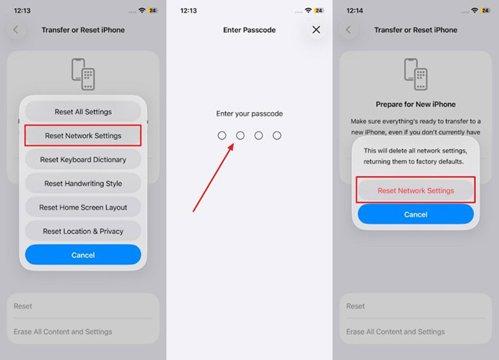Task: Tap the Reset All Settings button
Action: coord(83,112)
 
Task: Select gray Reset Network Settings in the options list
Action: coord(83,136)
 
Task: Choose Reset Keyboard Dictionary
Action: coord(83,159)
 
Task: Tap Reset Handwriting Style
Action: coord(83,184)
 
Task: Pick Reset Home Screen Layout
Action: coord(83,207)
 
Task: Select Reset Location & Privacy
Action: coord(83,231)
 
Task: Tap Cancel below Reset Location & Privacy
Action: coord(83,254)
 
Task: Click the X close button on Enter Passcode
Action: coord(316,29)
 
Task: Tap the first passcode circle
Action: coord(222,136)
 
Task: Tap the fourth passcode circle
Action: coord(277,136)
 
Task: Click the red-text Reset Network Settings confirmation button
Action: coord(416,191)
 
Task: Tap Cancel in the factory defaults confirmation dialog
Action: coord(416,214)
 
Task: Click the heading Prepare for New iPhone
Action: coord(416,104)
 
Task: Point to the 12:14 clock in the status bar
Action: coord(356,11)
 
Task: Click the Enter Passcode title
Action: coord(249,30)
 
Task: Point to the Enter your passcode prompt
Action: coord(249,114)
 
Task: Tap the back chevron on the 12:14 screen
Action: coord(349,30)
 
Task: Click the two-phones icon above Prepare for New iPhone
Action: coord(416,74)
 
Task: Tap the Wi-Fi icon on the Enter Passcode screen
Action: coord(308,11)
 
